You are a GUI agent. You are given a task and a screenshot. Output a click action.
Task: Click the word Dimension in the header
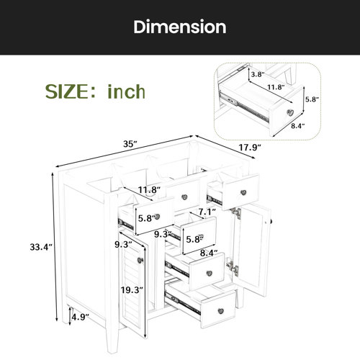point(180,27)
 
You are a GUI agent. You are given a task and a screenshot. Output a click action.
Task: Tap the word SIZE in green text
point(67,91)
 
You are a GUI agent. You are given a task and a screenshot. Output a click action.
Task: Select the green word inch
point(126,91)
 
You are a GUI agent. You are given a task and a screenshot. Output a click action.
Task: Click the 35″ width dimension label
point(130,144)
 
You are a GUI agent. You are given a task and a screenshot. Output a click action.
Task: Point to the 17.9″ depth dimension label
point(250,148)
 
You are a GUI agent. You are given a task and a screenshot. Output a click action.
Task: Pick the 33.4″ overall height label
point(41,247)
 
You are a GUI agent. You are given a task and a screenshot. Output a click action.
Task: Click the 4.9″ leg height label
point(81,317)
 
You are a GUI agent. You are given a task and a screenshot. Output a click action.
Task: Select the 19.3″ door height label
point(132,290)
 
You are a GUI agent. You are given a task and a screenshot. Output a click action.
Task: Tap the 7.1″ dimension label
point(207,212)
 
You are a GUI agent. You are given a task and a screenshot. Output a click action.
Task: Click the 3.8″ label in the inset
point(258,74)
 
